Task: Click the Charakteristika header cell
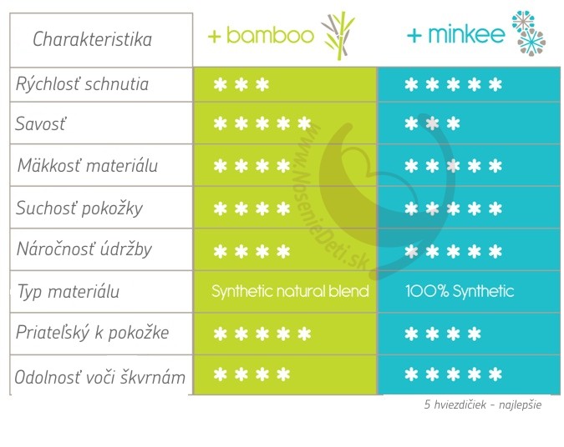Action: click(101, 40)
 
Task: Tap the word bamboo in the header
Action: click(270, 35)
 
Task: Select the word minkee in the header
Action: click(466, 34)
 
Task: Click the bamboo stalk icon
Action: click(338, 35)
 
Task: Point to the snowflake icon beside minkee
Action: click(529, 33)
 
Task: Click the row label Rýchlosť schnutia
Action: click(82, 84)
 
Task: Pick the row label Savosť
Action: click(41, 123)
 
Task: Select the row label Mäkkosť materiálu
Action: click(88, 165)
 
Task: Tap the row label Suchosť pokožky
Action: click(79, 208)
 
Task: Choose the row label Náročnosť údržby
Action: click(84, 249)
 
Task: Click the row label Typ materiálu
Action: click(69, 291)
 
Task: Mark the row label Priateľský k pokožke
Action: click(93, 333)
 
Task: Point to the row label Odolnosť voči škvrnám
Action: click(100, 377)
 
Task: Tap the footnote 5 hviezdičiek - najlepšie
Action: click(483, 404)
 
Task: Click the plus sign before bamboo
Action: click(214, 36)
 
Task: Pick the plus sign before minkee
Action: click(414, 36)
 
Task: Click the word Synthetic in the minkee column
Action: click(483, 291)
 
